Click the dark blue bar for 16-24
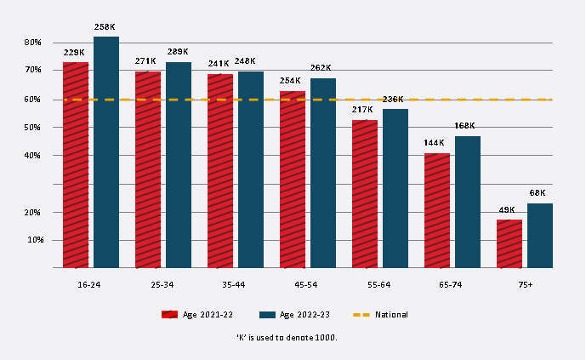point(106,152)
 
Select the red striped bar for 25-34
point(148,169)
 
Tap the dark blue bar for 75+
point(540,236)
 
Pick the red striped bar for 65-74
point(437,210)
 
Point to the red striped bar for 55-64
point(365,194)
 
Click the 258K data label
point(106,28)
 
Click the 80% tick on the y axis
point(33,43)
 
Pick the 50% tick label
point(33,128)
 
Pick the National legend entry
point(380,315)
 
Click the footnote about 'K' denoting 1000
point(287,338)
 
